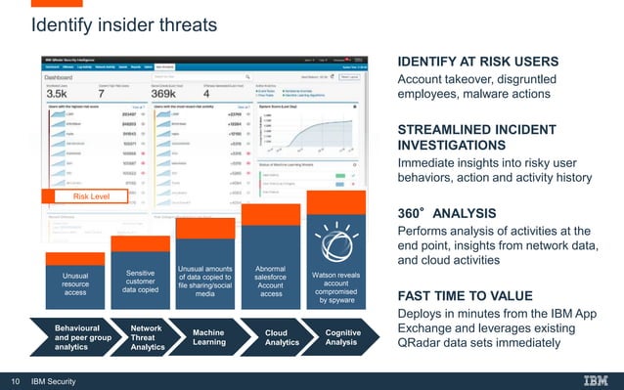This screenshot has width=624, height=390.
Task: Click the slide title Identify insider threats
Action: [x=124, y=22]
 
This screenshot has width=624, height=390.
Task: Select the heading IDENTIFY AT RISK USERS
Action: [x=476, y=62]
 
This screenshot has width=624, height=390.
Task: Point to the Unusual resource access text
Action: [x=74, y=283]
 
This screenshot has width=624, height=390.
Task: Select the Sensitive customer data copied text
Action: [x=141, y=277]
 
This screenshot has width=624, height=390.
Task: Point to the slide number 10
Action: [x=15, y=380]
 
